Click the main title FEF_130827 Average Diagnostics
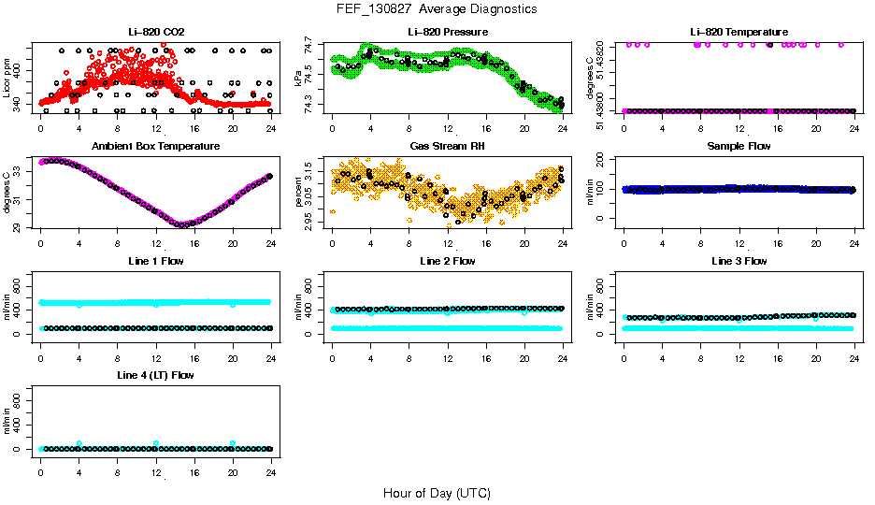pos(437,8)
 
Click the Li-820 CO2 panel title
pos(155,32)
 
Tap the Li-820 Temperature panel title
pos(739,32)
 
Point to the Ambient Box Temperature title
pos(155,146)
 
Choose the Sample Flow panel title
pos(739,146)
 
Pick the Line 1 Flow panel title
pos(155,261)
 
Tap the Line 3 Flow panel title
pos(739,261)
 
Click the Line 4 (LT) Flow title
pos(155,375)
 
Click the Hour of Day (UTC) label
pos(437,493)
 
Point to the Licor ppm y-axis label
pos(7,77)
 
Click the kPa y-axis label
pos(299,77)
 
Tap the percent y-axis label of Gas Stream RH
pos(299,192)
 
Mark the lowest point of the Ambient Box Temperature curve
pos(183,224)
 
